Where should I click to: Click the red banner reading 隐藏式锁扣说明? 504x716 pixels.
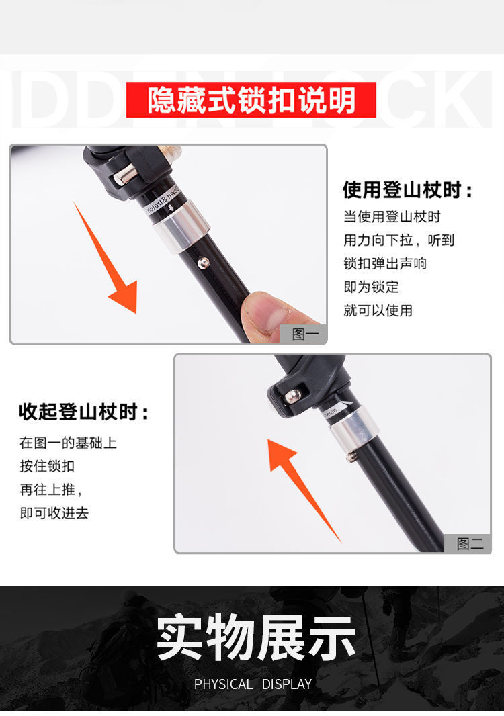click(251, 100)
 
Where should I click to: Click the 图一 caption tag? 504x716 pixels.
click(304, 334)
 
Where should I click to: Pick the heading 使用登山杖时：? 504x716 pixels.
click(408, 190)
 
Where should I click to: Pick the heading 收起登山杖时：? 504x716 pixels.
click(84, 412)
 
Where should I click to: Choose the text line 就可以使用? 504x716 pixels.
click(378, 310)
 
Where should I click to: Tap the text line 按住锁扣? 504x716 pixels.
click(47, 466)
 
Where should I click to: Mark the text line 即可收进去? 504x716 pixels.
click(54, 513)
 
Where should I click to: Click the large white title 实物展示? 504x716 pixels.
click(255, 637)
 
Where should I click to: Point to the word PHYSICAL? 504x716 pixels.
click(223, 684)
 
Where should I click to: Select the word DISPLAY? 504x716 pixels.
click(287, 684)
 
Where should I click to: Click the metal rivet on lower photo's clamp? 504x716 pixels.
click(292, 397)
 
